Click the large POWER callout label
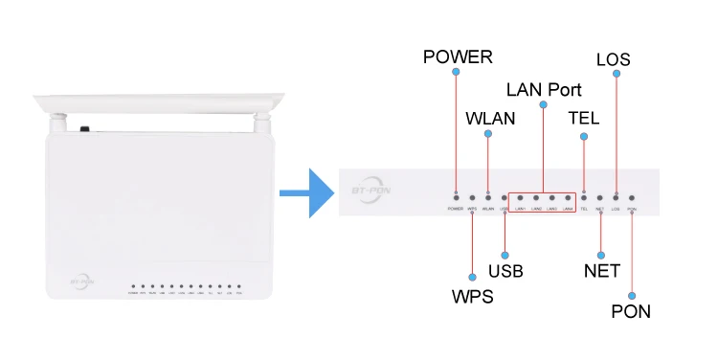click(x=458, y=57)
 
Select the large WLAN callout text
click(x=490, y=120)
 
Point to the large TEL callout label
click(x=584, y=120)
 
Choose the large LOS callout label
click(x=613, y=59)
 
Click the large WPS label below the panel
click(x=472, y=296)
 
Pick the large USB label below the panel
click(x=505, y=271)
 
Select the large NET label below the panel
click(x=601, y=271)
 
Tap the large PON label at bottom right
click(x=632, y=311)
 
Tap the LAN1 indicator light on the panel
click(x=521, y=196)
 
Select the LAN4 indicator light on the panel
click(x=568, y=196)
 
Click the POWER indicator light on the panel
click(x=456, y=196)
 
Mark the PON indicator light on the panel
click(x=632, y=196)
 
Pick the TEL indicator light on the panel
click(x=584, y=196)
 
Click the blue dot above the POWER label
click(x=456, y=73)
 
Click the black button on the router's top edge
click(x=85, y=128)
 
